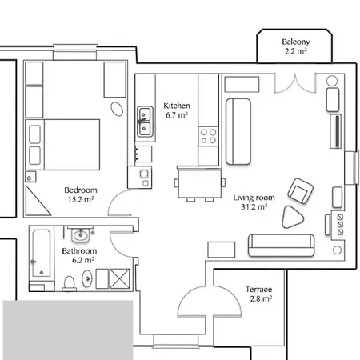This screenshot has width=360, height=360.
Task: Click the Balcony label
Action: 295,42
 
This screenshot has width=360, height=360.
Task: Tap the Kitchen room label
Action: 175,106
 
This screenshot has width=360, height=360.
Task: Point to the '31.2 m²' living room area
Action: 254,206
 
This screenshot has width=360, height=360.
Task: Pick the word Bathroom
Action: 78,250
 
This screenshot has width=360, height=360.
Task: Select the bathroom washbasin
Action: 80,236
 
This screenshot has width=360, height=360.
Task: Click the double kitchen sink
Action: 146,121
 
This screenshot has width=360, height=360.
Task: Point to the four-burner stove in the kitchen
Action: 208,136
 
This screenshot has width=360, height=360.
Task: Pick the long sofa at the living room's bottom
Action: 280,244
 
